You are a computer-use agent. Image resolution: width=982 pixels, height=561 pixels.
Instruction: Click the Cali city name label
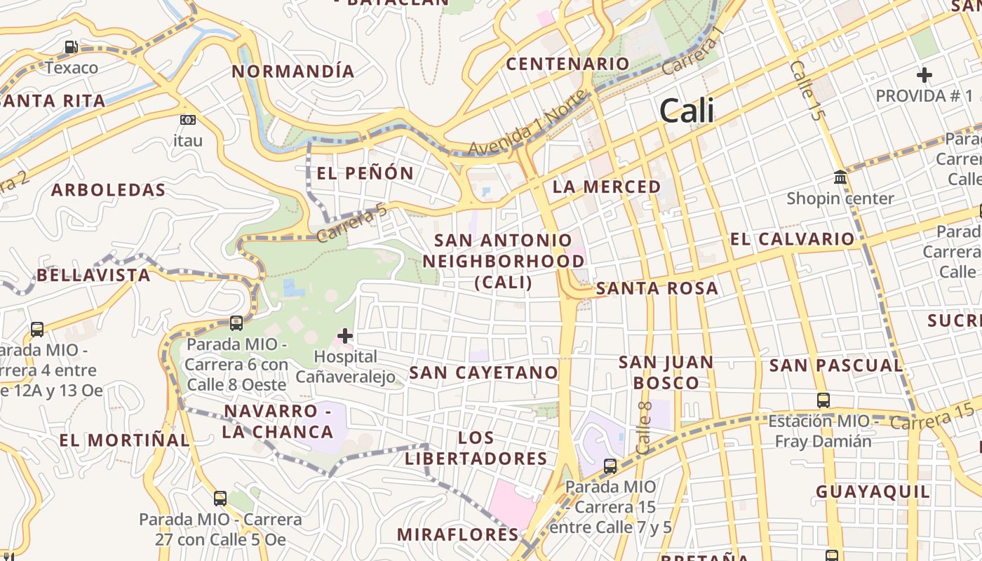click(x=687, y=111)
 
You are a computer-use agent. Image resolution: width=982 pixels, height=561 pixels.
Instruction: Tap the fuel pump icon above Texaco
click(x=71, y=48)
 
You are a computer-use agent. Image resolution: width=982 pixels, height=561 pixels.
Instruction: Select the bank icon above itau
click(x=187, y=120)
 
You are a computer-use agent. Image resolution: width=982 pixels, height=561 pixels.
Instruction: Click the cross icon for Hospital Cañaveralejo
click(x=345, y=336)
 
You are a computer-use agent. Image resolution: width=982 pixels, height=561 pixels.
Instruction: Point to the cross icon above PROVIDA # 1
click(x=924, y=74)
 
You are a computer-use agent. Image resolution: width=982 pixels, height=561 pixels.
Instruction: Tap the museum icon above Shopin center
click(x=840, y=177)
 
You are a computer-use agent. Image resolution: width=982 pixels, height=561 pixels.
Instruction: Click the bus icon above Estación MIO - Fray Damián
click(x=823, y=400)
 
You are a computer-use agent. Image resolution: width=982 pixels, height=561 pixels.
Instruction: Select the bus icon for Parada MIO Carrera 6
click(x=236, y=323)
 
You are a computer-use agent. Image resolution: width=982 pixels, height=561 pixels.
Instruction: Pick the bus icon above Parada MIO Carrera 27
click(x=220, y=499)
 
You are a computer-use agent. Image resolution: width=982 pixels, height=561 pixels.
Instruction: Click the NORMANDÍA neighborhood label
click(x=293, y=72)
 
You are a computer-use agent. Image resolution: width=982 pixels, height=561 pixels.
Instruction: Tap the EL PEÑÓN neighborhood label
click(x=365, y=173)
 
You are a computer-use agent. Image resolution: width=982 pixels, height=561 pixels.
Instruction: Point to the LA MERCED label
click(x=607, y=187)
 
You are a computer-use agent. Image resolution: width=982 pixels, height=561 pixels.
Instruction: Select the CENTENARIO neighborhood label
click(x=568, y=64)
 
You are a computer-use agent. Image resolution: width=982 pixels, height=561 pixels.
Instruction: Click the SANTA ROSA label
click(x=657, y=288)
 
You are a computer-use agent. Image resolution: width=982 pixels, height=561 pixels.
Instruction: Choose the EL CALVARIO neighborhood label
click(x=792, y=239)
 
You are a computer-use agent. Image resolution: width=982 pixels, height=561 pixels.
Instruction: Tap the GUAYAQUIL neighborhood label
click(x=873, y=492)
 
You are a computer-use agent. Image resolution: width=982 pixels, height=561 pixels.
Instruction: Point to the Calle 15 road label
click(x=805, y=90)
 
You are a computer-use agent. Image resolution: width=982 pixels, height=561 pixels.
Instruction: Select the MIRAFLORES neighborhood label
click(x=457, y=534)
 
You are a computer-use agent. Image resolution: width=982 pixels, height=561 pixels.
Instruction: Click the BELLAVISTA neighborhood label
click(x=93, y=275)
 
